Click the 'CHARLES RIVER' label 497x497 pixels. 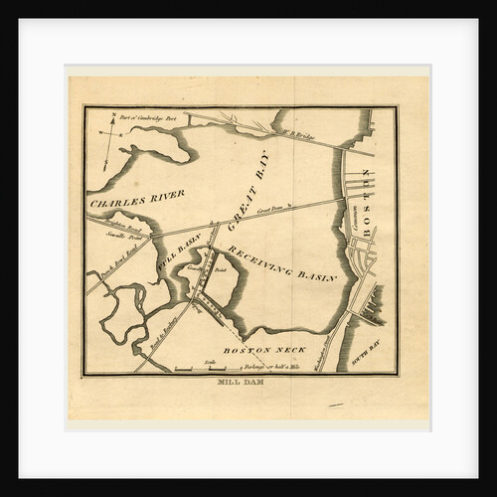coord(138,199)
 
